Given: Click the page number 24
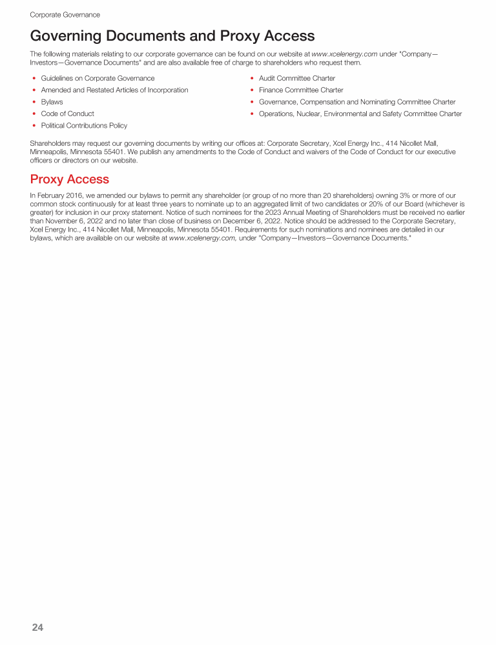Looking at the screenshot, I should coord(37,628).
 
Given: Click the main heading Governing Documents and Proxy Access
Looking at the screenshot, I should coord(172,35).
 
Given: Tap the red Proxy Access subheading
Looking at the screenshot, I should coord(70,179).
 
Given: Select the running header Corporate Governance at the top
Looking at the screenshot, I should coord(65,14).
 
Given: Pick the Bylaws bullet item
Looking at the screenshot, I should coord(52,102).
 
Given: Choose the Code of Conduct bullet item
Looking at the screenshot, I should coord(67,114).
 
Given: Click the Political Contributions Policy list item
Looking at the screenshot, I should coord(84,125).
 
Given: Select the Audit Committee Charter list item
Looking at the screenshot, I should coord(296,78).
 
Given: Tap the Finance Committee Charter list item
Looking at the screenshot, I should coord(301,90).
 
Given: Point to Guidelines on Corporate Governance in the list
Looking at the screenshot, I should coord(98,78).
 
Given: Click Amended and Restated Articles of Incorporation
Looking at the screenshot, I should coord(114,90).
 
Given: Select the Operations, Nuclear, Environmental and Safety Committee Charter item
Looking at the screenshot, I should coord(360,114).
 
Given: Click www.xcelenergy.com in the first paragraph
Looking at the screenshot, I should coord(344,54).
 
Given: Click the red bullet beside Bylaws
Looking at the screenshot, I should coord(34,102).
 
